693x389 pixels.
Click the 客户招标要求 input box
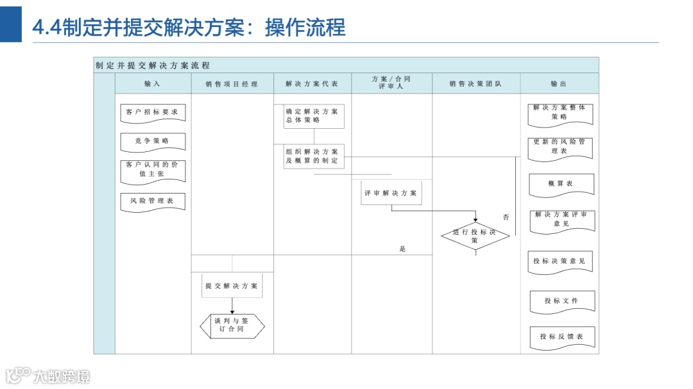153,112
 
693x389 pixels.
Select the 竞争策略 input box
153,141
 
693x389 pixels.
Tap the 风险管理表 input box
153,201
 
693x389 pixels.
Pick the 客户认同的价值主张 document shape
153,170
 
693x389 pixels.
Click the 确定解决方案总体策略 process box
314,116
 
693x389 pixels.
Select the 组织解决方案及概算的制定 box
314,156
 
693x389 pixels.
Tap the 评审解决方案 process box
391,193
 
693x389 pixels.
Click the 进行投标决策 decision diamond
475,236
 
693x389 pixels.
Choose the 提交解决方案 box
232,286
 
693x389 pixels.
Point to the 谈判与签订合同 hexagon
232,326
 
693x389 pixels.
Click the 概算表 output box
561,184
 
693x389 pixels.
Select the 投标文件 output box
561,301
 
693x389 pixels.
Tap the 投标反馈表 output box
561,336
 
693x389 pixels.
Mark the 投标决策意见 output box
560,261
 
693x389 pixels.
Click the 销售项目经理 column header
232,84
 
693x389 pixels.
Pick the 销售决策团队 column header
475,84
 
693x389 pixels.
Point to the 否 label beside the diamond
506,217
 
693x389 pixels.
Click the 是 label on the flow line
403,249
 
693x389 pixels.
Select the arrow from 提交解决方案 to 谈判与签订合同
232,306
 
